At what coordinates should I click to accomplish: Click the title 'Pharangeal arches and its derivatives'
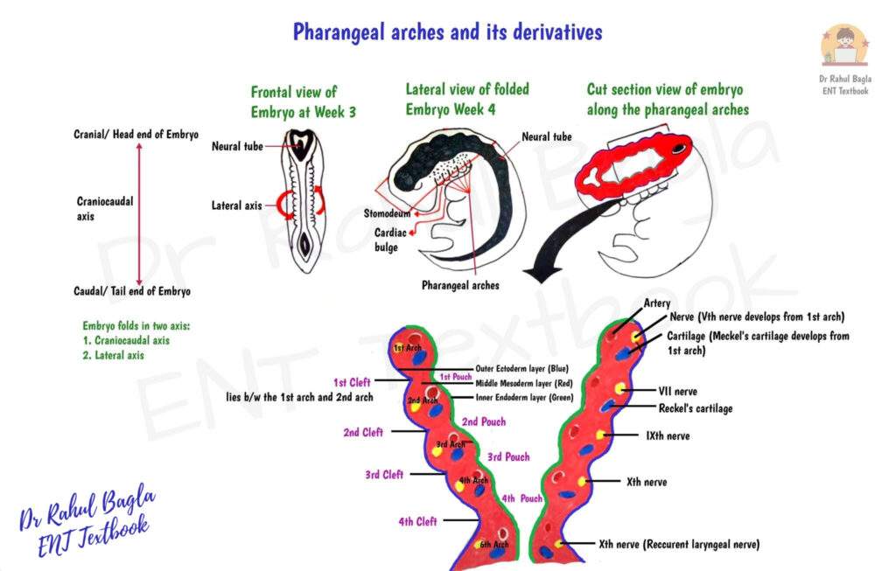(447, 32)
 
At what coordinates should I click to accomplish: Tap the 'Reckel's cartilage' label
(695, 408)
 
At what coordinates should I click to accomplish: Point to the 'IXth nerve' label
(667, 435)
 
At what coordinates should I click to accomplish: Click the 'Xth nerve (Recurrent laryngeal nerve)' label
(679, 544)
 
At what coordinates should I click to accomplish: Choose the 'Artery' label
(657, 303)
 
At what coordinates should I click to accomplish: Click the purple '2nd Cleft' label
(364, 432)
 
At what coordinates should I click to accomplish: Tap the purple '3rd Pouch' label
(508, 457)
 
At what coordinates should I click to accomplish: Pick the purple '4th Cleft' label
(417, 522)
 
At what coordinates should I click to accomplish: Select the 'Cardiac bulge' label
(386, 240)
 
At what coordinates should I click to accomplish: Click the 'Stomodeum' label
(388, 212)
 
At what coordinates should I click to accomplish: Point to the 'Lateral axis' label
(236, 206)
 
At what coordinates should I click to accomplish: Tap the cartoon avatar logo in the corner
(844, 45)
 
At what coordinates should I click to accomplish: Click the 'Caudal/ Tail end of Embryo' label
(132, 291)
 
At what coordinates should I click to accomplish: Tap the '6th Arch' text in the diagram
(493, 545)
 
